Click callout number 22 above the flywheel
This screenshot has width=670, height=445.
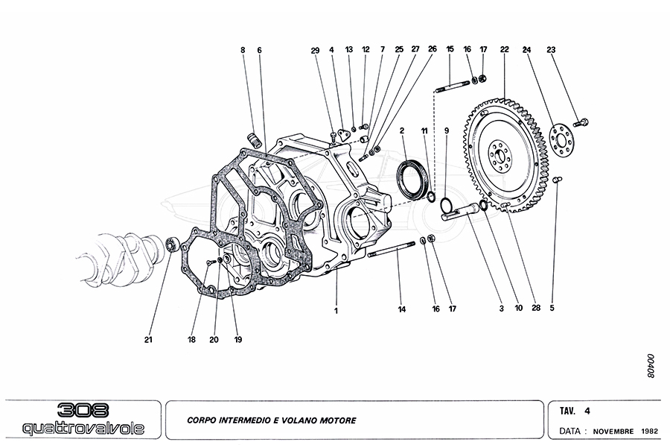click(x=504, y=49)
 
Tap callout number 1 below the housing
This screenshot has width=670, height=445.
click(x=336, y=310)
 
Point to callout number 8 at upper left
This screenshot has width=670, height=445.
click(x=242, y=50)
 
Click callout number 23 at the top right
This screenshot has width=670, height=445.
click(x=551, y=49)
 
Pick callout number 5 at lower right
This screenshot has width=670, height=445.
click(x=552, y=306)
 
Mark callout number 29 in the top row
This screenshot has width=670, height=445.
click(x=315, y=50)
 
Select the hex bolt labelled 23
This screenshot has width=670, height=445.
click(x=583, y=121)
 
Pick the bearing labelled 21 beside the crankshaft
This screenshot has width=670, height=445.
click(x=170, y=242)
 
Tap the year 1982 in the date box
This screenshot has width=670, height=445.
click(x=649, y=431)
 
